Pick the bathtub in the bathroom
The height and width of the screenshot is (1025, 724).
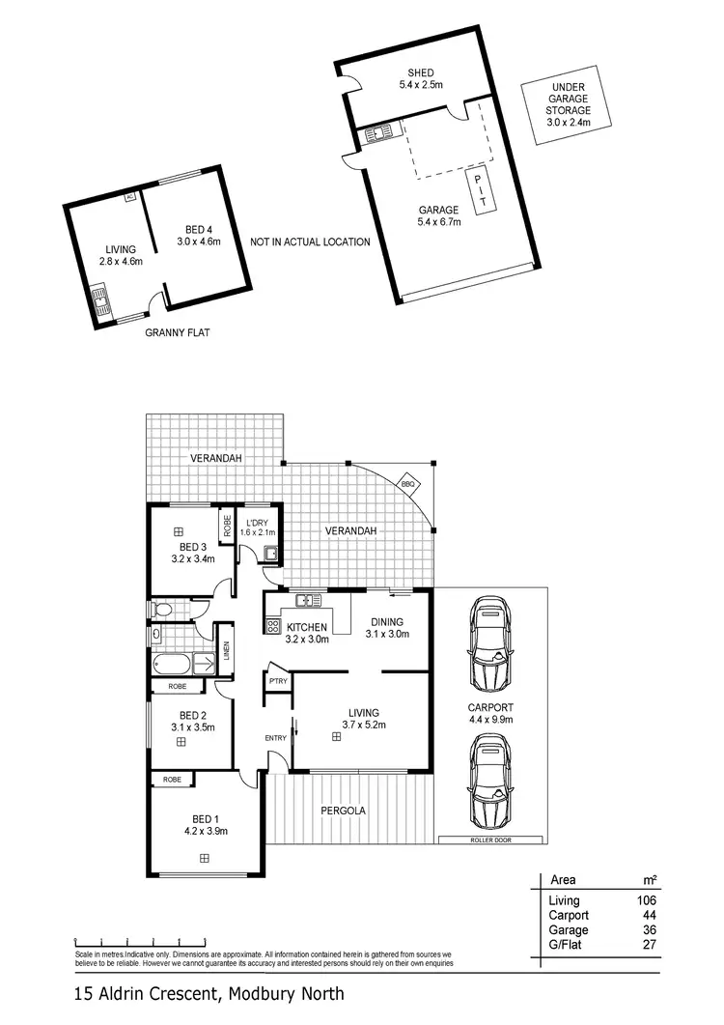coord(173,666)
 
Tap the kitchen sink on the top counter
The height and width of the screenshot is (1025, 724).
coord(308,600)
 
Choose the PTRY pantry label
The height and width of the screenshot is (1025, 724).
coord(277,681)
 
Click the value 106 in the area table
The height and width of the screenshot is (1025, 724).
coord(645,901)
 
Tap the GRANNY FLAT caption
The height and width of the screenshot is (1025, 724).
coord(178,332)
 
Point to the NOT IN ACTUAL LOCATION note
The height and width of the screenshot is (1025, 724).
coord(310,242)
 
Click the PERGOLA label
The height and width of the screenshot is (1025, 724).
coord(343,811)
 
